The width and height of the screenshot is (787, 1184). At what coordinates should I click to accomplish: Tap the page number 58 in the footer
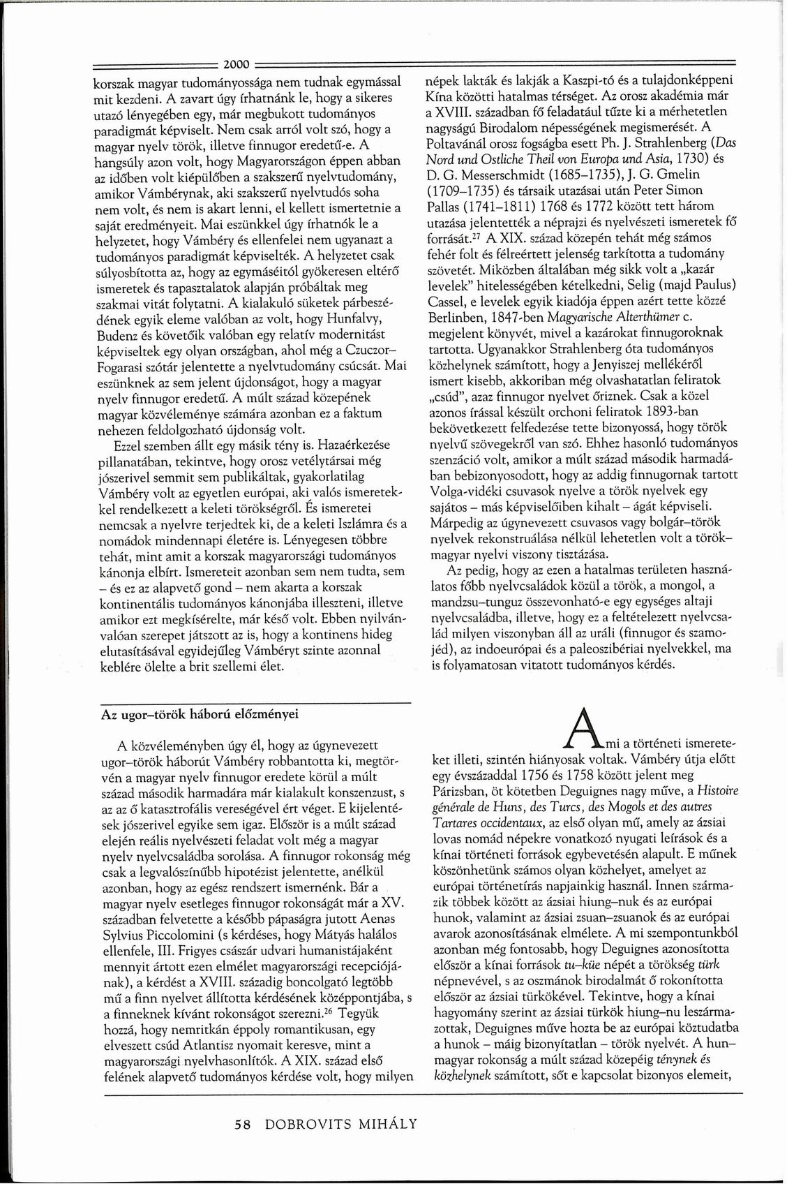pyautogui.click(x=242, y=1124)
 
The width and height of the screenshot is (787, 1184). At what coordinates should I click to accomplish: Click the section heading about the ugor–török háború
pyautogui.click(x=201, y=714)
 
